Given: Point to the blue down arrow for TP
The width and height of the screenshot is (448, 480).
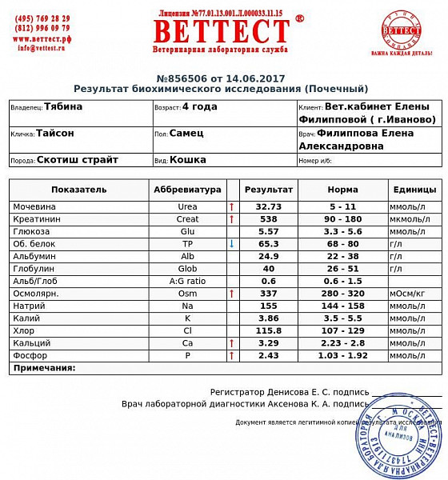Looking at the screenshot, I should tap(231, 243).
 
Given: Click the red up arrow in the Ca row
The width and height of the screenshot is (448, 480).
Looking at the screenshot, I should tap(231, 342).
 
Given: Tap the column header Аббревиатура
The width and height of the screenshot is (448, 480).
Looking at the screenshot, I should tap(186, 190).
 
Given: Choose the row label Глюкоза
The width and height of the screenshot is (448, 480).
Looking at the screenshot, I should tap(33, 231).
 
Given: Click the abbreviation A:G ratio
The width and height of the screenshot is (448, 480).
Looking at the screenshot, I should tap(187, 281).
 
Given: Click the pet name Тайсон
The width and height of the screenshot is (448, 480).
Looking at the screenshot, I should tap(55, 134).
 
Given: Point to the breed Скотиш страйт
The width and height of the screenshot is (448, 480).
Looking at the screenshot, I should tap(78, 159).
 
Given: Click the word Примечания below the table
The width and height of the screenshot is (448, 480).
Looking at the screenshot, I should tap(45, 368).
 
